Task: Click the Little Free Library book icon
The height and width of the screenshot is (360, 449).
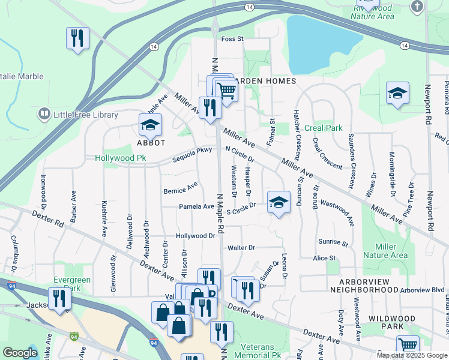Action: pos(43,113)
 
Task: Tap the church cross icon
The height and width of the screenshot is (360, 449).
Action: pos(417,6)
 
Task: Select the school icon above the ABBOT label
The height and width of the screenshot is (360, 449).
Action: pos(150,124)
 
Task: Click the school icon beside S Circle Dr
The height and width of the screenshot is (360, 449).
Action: pos(279,202)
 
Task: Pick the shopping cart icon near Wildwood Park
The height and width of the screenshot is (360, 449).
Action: pos(408,345)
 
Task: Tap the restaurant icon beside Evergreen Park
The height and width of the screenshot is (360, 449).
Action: pos(59,298)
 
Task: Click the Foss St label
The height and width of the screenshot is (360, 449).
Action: pos(232,39)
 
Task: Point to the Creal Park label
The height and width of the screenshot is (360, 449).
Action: pos(323,128)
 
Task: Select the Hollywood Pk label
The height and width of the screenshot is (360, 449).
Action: pos(120,158)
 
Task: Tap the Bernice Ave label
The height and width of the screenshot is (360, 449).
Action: pos(181,188)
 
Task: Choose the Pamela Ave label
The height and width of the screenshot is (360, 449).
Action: pos(196,206)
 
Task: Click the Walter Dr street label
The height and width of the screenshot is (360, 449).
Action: pos(241,247)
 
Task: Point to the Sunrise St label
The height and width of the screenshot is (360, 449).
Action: pos(334,244)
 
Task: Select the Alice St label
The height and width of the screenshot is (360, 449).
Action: pos(324,258)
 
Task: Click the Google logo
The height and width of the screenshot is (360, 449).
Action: pos(20,353)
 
